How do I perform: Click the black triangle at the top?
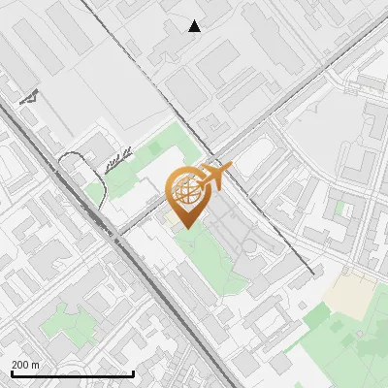pyautogui.click(x=195, y=26)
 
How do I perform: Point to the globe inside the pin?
pyautogui.click(x=184, y=190)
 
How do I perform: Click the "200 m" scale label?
pyautogui.click(x=25, y=365)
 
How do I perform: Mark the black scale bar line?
pyautogui.click(x=72, y=374)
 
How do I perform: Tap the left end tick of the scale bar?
pyautogui.click(x=12, y=372)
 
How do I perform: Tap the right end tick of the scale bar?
pyautogui.click(x=133, y=372)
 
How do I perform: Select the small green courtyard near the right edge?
pyautogui.click(x=340, y=208)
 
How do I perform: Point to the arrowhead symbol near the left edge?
pyautogui.click(x=29, y=98)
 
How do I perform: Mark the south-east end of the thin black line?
pyautogui.click(x=312, y=275)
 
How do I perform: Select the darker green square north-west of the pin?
pyautogui.click(x=153, y=147)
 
